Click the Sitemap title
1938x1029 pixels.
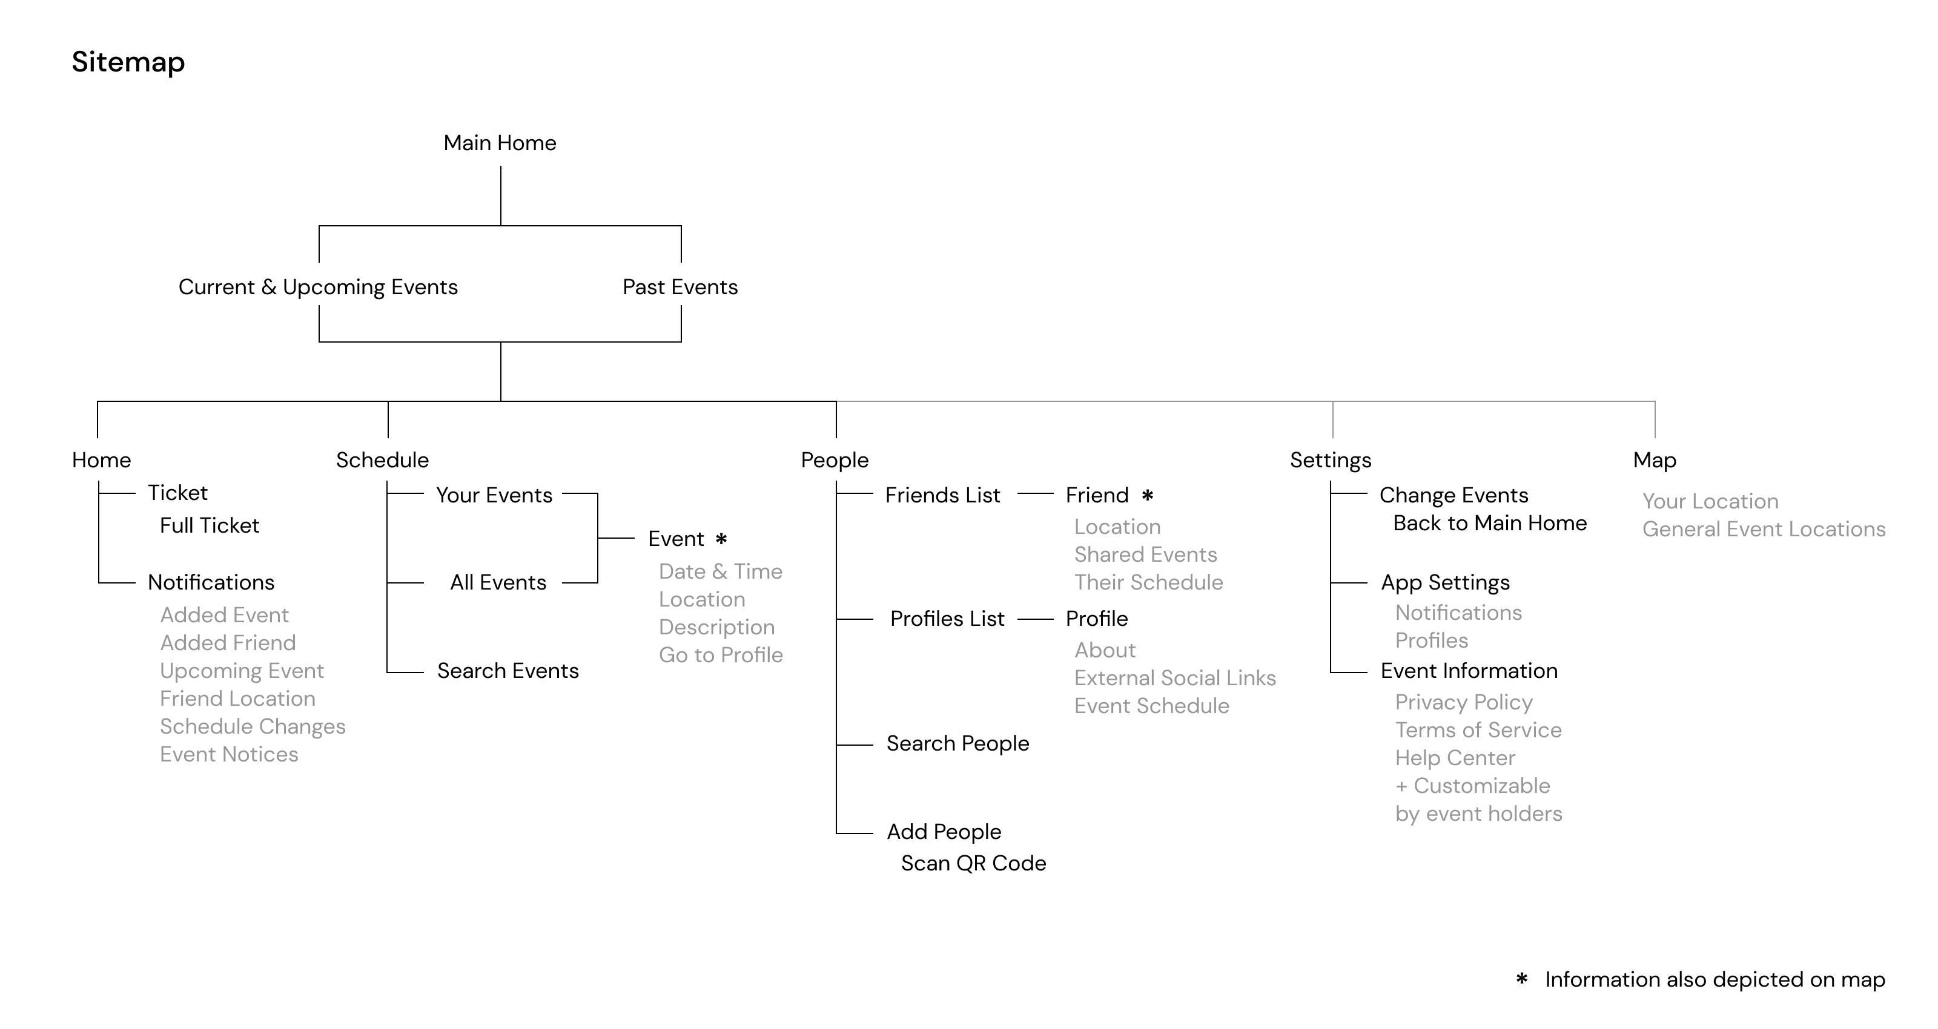[128, 62]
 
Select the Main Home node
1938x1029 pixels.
[500, 143]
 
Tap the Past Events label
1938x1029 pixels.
[680, 288]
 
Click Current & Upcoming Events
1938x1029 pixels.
[318, 288]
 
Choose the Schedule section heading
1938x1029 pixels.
[382, 461]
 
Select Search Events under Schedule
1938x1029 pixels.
[508, 671]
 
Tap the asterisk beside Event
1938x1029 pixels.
[721, 539]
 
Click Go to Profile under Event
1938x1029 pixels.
[721, 655]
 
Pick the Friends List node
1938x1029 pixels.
[943, 495]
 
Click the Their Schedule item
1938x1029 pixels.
[1148, 582]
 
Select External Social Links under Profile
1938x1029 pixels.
[1175, 678]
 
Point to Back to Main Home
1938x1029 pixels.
[1490, 523]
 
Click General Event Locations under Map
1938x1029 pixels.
[1764, 529]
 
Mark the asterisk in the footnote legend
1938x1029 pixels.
[1521, 979]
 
